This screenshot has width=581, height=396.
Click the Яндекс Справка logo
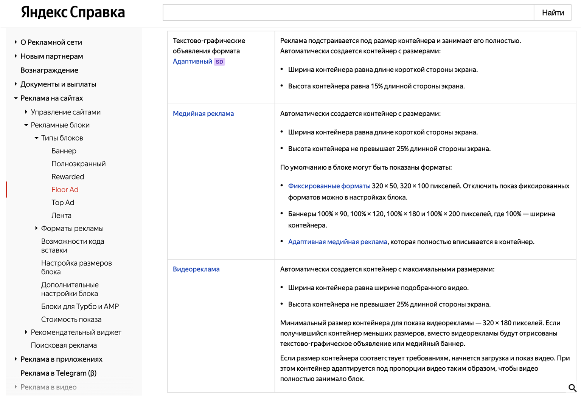(x=73, y=12)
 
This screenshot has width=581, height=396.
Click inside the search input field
(x=348, y=13)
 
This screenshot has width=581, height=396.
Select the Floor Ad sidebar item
(x=65, y=190)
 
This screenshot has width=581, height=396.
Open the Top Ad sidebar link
(x=63, y=203)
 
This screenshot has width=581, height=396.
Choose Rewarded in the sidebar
(x=68, y=177)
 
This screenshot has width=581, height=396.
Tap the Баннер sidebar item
(x=64, y=151)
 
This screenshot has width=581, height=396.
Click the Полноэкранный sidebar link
(x=78, y=164)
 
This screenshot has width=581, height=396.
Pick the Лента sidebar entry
(x=61, y=215)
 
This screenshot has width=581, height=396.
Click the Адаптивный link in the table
(x=192, y=61)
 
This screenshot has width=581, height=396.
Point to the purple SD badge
(x=219, y=62)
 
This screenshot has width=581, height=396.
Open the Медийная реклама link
(x=203, y=113)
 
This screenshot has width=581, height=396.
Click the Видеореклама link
(x=196, y=269)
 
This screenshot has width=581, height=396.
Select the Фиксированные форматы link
(x=329, y=186)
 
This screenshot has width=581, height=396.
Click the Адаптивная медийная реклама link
(x=337, y=242)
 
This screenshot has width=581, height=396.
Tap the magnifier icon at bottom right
(x=572, y=388)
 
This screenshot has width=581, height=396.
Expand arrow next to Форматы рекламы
(x=36, y=228)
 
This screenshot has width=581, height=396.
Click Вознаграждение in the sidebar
(x=49, y=70)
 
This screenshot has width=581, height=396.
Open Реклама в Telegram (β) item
(x=58, y=373)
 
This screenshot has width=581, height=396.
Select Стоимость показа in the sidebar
(x=71, y=319)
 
